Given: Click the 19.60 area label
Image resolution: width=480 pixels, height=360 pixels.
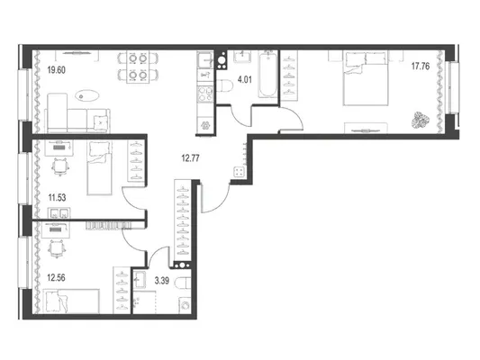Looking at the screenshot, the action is [57, 70].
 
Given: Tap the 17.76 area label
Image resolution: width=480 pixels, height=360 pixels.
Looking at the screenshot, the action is [421, 66].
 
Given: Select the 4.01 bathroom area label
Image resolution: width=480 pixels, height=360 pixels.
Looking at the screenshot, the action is [245, 80].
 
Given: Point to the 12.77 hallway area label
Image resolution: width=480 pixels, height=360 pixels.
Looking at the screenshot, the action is [190, 158].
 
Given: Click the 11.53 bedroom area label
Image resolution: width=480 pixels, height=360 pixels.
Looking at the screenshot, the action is [57, 198].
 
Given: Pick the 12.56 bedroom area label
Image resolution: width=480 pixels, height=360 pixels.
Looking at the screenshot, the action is [56, 278].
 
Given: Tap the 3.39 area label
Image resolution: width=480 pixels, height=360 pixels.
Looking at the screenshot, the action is [161, 281].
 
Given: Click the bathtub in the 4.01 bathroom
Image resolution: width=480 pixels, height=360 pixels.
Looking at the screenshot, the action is [267, 75].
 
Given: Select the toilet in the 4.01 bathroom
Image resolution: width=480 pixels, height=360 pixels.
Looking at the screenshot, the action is [225, 85].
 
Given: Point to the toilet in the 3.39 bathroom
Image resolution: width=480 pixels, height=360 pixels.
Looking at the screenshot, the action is [183, 283].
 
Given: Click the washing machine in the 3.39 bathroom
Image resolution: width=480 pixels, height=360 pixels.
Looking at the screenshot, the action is [185, 305].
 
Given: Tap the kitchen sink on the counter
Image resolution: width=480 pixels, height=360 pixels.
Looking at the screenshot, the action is [205, 60].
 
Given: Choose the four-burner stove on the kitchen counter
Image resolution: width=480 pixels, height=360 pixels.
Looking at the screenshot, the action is [205, 94].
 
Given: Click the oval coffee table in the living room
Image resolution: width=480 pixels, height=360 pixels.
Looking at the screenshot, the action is [87, 95].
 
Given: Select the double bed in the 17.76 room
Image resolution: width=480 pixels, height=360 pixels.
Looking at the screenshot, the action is [366, 78].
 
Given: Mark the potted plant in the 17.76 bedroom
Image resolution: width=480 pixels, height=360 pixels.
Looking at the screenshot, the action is [421, 120].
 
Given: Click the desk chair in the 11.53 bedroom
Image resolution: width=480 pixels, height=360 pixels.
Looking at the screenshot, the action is [60, 167].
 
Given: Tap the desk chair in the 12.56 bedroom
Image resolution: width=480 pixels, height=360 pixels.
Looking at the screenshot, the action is [57, 248].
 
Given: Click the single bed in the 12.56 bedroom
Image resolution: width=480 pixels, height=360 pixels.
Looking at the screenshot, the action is [71, 301].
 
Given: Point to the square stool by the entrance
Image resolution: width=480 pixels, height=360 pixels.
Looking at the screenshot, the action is [240, 172].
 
